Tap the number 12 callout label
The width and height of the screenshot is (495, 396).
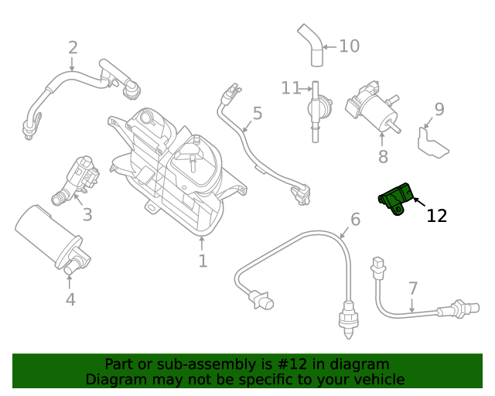tap(437, 216)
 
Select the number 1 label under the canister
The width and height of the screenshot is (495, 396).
tap(203, 261)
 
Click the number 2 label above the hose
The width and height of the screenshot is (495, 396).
tap(73, 48)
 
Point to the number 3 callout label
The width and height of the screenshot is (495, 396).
tap(87, 214)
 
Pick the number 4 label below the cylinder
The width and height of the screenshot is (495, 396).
tap(70, 299)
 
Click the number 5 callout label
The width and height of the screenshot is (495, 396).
tap(257, 114)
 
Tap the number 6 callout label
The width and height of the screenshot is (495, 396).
tap(355, 220)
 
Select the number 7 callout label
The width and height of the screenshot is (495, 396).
tap(412, 288)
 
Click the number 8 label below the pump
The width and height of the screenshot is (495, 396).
tap(383, 158)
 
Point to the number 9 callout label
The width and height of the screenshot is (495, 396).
tap(439, 109)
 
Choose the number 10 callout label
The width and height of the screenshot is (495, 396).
tap(349, 46)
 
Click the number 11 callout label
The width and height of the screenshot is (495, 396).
tap(291, 88)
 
